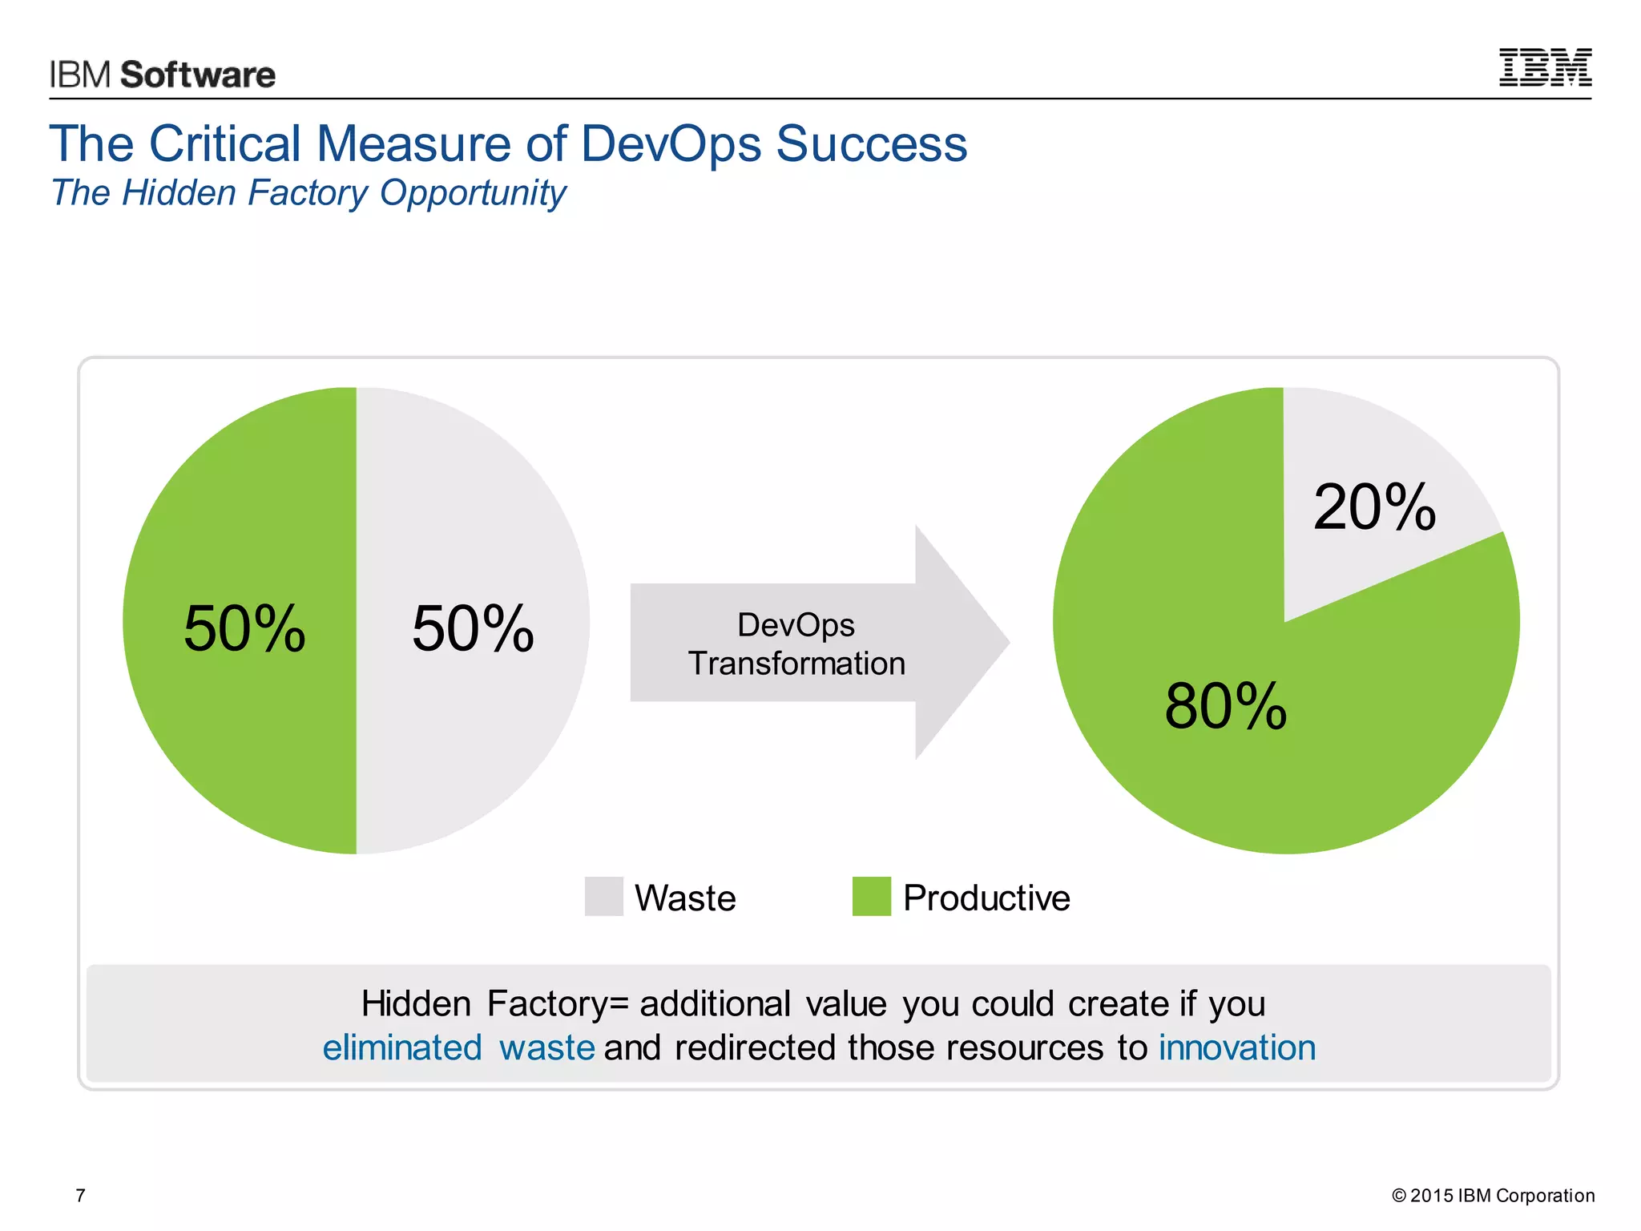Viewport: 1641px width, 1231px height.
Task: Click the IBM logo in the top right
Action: [1545, 67]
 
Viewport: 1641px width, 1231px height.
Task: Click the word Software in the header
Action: [198, 75]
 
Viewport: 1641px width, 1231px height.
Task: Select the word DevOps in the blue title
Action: [671, 144]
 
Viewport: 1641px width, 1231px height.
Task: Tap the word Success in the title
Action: [872, 144]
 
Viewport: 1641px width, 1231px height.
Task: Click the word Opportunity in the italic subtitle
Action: [473, 194]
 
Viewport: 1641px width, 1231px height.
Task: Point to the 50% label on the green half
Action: [244, 629]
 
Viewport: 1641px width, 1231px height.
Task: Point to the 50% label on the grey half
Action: [473, 629]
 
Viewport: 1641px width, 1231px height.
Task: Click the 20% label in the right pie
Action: [1374, 507]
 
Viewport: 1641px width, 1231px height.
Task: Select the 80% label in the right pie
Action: [1226, 706]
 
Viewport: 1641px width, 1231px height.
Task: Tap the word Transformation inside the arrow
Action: [796, 664]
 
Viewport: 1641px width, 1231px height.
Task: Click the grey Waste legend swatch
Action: [604, 896]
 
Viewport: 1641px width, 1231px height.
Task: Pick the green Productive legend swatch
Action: [872, 896]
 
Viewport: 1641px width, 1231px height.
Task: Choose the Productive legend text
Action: [986, 898]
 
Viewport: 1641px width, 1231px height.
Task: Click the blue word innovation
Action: [1237, 1048]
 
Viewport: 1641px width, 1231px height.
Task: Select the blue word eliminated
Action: [402, 1048]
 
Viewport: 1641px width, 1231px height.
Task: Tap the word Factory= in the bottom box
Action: [558, 1004]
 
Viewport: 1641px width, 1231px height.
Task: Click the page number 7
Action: [80, 1196]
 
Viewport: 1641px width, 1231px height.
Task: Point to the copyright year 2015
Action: [1431, 1196]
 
